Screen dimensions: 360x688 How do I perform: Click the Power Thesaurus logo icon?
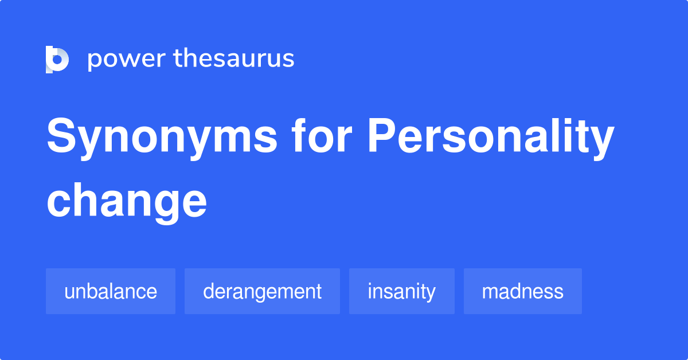pos(57,59)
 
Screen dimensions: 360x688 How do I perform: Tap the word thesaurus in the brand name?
pos(234,59)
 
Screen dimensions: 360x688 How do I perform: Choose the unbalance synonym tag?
pos(111,291)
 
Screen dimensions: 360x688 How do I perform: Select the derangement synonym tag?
pos(262,291)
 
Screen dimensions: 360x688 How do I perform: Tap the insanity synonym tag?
pos(401,291)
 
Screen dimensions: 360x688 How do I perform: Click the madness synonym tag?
pos(522,291)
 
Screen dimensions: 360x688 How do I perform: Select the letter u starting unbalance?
pos(69,292)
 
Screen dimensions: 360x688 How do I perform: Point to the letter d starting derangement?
pos(208,291)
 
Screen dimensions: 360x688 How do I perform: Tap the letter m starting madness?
pos(489,292)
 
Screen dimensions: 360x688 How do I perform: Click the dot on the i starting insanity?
pos(370,283)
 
